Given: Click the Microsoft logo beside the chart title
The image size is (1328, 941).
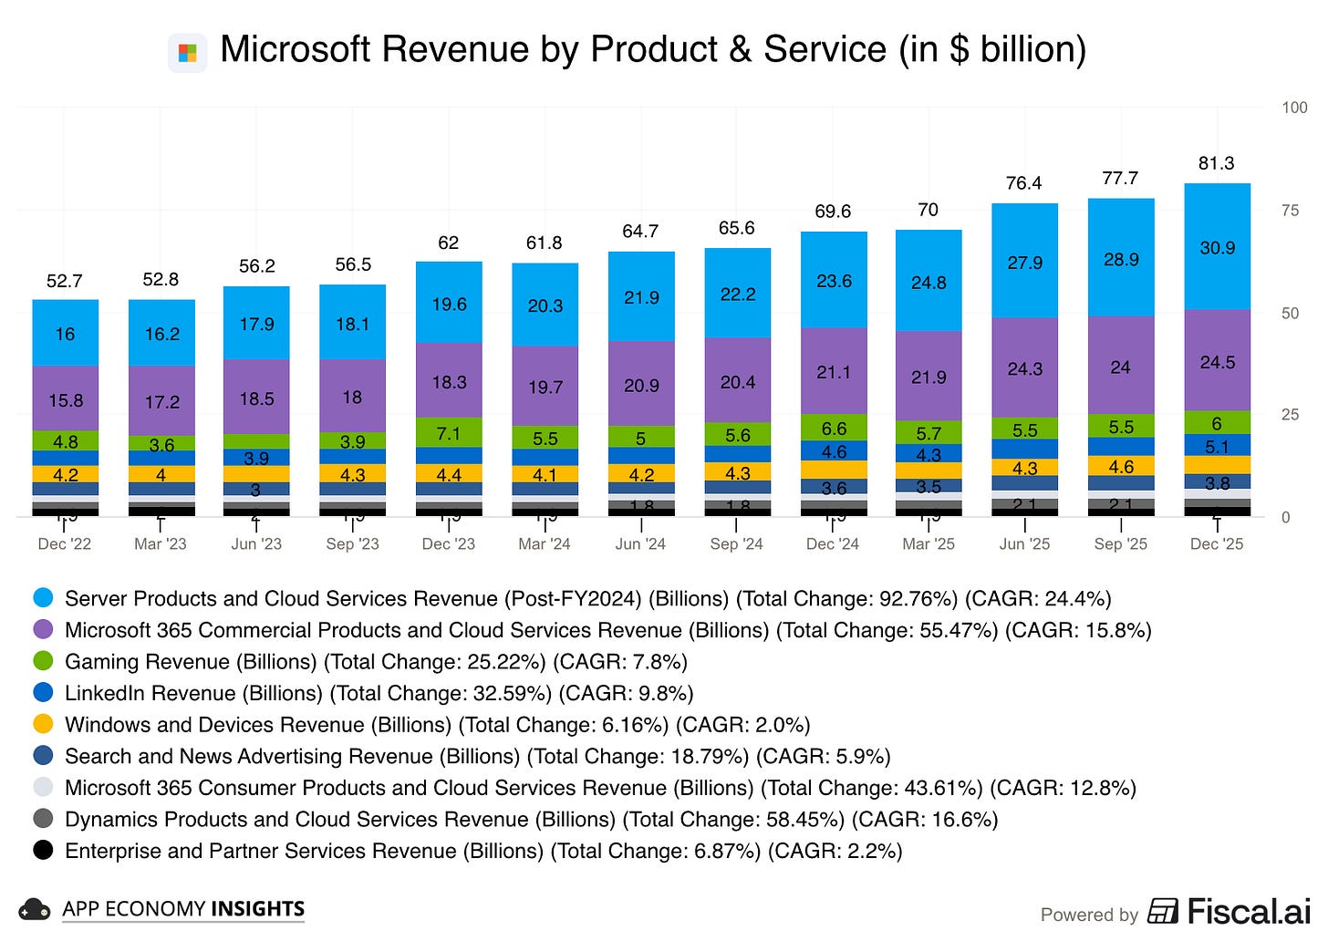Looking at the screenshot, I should tap(187, 52).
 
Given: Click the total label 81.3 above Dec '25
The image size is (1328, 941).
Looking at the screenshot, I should tap(1216, 163).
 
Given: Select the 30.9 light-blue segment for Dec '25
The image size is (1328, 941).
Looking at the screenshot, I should tap(1217, 247).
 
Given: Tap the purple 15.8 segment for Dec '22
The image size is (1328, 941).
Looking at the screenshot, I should tap(65, 399).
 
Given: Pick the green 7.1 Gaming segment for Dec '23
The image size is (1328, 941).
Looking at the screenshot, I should tap(449, 432).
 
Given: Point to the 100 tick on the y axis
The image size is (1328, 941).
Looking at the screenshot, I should tap(1294, 108).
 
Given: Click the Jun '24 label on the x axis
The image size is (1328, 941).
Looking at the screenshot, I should tap(640, 544).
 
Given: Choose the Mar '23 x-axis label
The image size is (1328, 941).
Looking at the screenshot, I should tap(161, 544).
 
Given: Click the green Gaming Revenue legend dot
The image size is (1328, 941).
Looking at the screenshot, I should tap(43, 661).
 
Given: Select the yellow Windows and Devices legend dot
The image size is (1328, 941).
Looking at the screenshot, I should tap(43, 724).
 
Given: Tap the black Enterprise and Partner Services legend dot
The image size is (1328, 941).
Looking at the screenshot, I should tap(43, 850).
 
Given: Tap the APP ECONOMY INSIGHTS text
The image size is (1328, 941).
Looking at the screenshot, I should tap(183, 909).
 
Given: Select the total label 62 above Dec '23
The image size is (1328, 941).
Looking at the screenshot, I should tap(448, 243).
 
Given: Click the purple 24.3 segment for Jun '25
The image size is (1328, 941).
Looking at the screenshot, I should tap(1024, 369).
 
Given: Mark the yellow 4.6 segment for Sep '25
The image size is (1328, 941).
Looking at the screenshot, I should tap(1121, 466).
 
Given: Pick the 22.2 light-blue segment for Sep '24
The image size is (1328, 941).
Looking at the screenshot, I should tap(737, 294).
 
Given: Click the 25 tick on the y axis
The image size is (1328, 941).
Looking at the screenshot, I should tap(1290, 415).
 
